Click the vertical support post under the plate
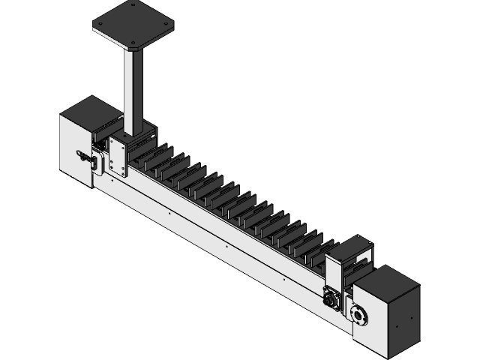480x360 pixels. pyautogui.click(x=135, y=90)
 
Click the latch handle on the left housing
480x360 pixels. pyautogui.click(x=84, y=157)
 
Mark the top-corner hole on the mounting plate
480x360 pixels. pyautogui.click(x=133, y=5)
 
